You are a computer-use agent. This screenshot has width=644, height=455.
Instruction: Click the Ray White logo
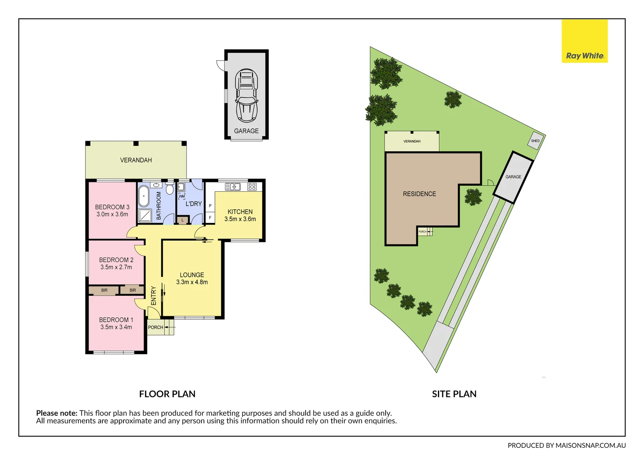(584, 41)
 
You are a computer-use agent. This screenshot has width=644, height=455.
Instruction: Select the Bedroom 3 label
(112, 207)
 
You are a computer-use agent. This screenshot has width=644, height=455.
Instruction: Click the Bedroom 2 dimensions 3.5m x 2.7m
(116, 267)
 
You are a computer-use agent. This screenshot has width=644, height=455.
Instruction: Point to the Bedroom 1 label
(116, 320)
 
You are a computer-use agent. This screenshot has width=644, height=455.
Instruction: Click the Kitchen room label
(240, 212)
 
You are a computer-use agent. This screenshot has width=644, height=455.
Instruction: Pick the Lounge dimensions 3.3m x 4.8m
(192, 282)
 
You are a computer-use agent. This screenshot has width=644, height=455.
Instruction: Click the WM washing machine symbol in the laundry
(182, 196)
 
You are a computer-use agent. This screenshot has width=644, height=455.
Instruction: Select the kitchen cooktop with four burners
(252, 187)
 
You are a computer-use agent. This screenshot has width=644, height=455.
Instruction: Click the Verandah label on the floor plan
(136, 160)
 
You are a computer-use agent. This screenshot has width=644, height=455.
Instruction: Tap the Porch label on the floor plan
(156, 327)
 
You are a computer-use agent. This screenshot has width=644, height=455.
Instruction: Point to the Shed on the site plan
(535, 141)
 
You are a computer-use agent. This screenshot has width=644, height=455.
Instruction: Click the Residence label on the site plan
(419, 194)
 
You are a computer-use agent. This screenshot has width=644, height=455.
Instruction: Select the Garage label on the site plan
(513, 177)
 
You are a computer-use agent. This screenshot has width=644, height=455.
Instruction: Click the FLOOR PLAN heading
(167, 394)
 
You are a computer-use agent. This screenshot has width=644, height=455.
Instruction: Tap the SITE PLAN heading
(454, 394)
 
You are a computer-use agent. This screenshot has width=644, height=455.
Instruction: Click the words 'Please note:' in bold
(56, 413)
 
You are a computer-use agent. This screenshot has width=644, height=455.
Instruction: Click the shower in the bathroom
(145, 216)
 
